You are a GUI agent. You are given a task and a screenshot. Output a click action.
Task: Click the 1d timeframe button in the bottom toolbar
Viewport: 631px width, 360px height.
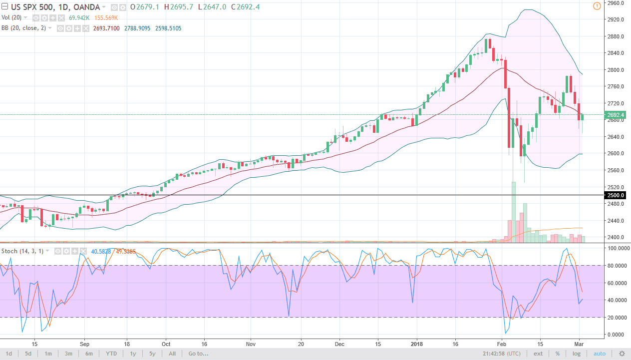tap(8, 354)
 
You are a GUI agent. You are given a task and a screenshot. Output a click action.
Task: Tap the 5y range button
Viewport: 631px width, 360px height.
tap(152, 354)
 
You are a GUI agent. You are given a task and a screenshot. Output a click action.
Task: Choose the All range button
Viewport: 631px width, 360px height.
tap(172, 354)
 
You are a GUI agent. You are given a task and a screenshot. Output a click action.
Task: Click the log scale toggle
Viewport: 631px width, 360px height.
tap(577, 354)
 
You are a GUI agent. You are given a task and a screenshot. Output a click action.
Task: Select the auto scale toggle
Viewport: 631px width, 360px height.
tap(600, 354)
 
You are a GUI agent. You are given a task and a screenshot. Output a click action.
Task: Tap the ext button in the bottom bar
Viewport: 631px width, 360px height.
tap(538, 354)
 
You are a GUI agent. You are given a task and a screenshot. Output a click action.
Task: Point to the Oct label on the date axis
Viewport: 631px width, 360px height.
tap(166, 344)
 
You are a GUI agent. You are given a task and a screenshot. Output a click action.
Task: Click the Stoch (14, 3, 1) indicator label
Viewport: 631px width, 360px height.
tap(22, 251)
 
